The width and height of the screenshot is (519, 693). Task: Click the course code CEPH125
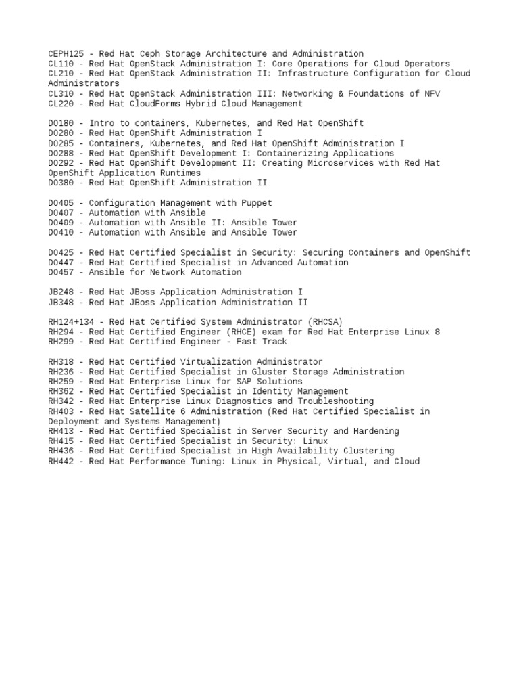click(66, 53)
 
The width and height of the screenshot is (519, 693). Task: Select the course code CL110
click(60, 64)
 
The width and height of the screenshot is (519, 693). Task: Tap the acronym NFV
click(431, 93)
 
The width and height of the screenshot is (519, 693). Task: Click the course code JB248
click(60, 292)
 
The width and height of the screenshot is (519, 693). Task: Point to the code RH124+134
click(74, 322)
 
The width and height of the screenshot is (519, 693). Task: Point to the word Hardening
click(376, 431)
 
